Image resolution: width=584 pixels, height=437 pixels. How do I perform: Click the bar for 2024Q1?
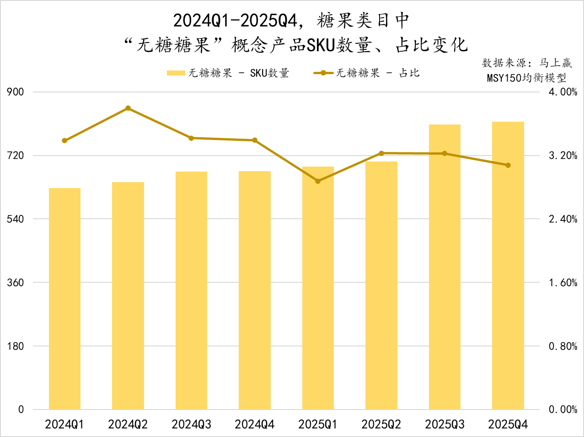click(64, 298)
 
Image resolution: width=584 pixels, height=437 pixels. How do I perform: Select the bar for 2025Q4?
click(508, 265)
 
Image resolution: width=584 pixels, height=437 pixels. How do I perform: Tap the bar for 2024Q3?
click(191, 290)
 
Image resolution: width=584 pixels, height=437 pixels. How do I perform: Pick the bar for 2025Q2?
click(381, 285)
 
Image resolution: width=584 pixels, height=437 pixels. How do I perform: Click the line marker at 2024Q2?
click(128, 108)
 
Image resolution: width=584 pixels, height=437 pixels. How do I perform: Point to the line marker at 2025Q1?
click(318, 181)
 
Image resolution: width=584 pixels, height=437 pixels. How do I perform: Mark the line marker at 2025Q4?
click(508, 165)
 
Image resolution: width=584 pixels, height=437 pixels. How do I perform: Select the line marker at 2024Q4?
click(255, 140)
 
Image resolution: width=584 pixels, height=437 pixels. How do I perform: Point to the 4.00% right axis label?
click(563, 92)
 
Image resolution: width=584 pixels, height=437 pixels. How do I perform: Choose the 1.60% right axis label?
click(563, 282)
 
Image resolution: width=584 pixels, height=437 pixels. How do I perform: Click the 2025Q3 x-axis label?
click(445, 425)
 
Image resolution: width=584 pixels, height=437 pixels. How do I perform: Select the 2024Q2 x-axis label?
click(128, 425)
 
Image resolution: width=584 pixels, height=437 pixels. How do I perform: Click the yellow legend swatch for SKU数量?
click(176, 73)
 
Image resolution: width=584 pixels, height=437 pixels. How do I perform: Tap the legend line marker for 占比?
click(323, 73)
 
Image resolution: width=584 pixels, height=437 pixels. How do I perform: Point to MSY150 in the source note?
click(504, 78)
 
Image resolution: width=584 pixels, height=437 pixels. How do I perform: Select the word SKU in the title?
click(320, 45)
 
